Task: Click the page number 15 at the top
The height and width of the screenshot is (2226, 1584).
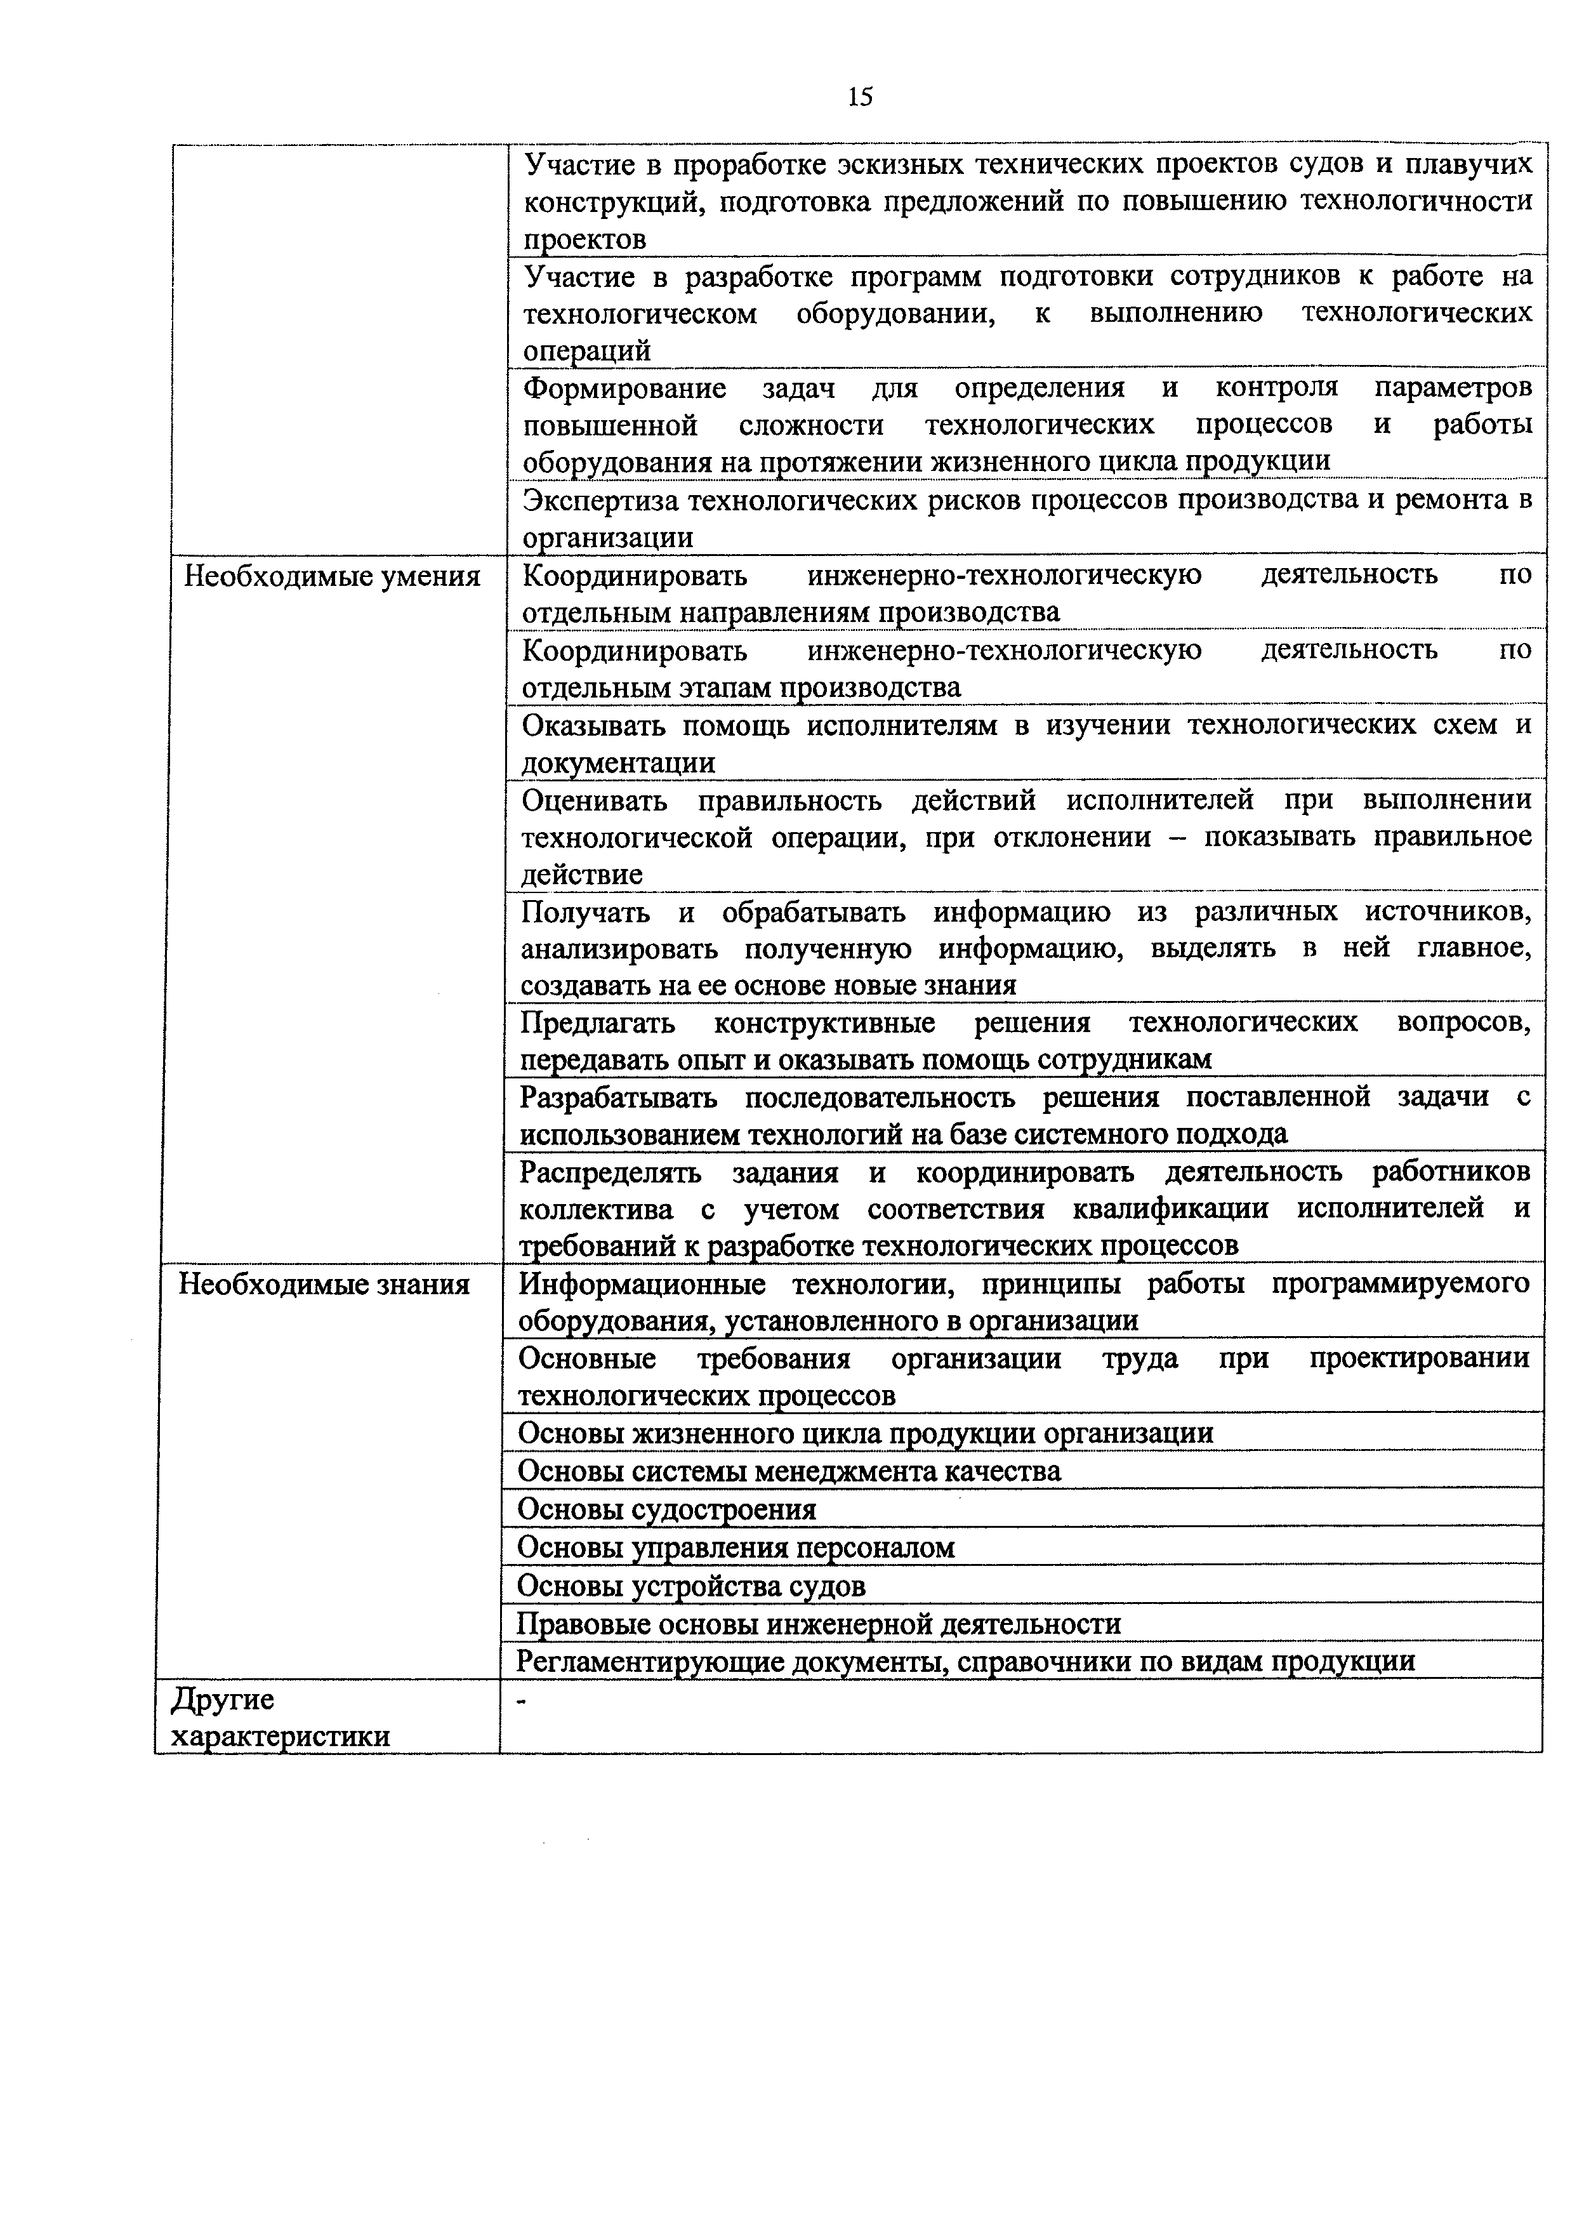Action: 859,96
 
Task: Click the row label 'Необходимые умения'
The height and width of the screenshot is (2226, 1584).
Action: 332,576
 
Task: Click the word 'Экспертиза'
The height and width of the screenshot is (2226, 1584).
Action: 602,500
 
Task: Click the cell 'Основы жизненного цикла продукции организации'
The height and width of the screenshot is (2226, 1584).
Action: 865,1433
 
